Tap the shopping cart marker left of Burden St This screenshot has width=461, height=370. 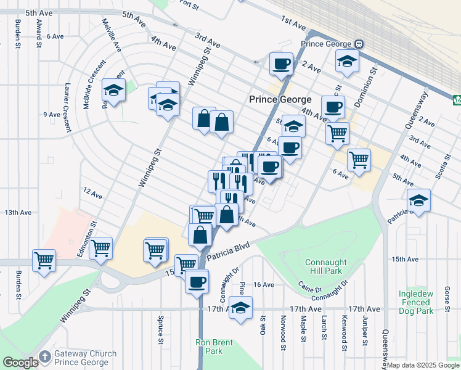pos(44,260)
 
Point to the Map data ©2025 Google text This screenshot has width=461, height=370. pos(423,366)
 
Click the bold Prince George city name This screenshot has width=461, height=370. pos(280,99)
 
